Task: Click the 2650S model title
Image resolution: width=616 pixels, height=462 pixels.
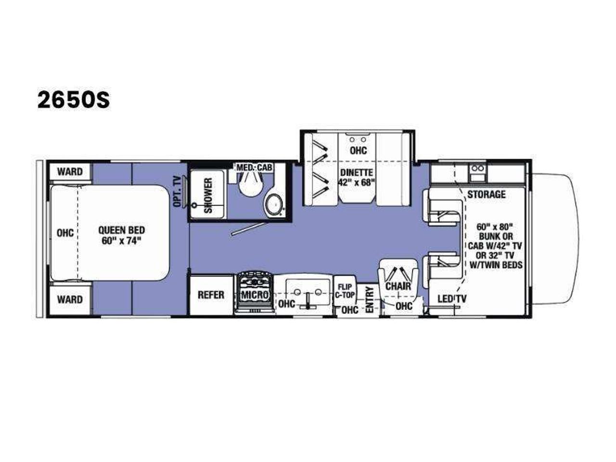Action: coord(74,101)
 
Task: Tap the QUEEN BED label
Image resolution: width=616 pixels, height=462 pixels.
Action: coord(122,231)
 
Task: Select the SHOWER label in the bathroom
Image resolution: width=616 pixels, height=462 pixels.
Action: coord(208,195)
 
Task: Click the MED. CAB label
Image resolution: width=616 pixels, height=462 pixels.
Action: coord(254,167)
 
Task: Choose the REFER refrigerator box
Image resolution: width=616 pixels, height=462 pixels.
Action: coord(211,295)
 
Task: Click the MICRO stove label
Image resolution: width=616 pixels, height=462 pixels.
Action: coord(255,295)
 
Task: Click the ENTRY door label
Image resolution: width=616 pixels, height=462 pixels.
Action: coord(370,299)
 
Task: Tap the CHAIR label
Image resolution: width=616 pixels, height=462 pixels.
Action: coord(398,286)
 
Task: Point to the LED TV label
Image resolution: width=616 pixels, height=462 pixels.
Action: coord(452,299)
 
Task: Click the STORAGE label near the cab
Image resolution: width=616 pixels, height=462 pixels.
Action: coord(487,194)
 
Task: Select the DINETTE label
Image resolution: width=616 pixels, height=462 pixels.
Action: coord(357,172)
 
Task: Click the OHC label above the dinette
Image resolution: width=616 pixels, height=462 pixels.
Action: coord(358,150)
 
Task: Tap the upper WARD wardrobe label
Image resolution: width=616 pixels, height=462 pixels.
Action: coord(70,172)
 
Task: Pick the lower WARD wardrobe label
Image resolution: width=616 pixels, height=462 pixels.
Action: coord(70,300)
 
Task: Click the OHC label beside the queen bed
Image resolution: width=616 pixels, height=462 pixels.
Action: coord(65,233)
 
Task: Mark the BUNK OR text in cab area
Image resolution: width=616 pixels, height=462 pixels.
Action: coord(496,236)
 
